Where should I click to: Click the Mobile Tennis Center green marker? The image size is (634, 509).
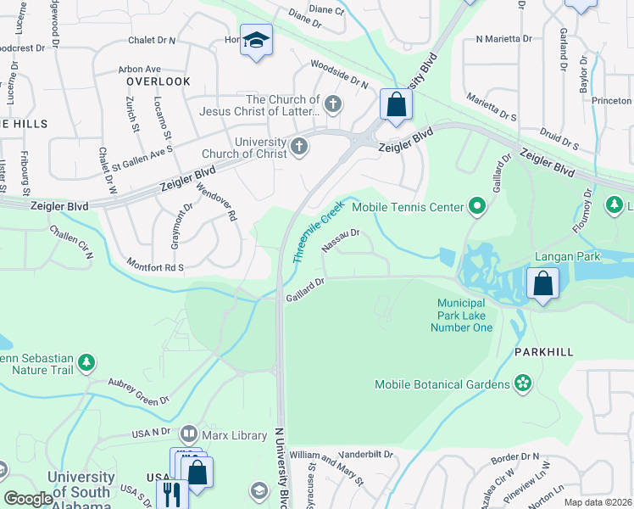(x=477, y=206)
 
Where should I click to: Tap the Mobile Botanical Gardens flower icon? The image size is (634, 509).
(x=523, y=385)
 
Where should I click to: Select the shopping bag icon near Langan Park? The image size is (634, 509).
(x=542, y=284)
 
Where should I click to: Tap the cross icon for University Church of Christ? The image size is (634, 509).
(x=298, y=148)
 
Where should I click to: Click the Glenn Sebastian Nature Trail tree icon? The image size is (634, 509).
(x=86, y=363)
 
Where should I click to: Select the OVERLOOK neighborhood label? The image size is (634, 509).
(x=158, y=81)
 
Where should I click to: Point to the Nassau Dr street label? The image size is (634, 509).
(x=342, y=239)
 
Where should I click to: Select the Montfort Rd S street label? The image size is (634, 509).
(x=155, y=266)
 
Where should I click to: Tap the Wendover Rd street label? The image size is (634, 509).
(x=216, y=203)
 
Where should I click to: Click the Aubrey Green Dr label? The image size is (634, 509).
(x=139, y=389)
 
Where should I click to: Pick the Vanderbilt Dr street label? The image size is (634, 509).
(x=367, y=455)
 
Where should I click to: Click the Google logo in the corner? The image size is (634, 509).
(x=29, y=499)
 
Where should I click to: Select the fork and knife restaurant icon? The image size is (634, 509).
(x=170, y=493)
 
